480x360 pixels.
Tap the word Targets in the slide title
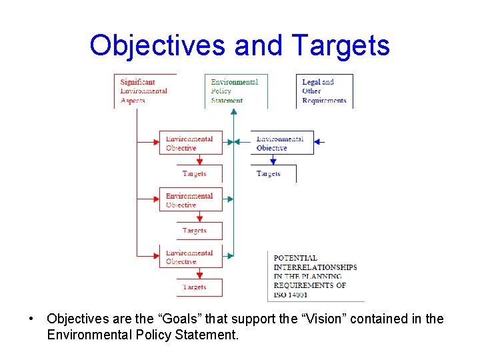[x=340, y=45]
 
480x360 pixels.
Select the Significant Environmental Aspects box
[x=144, y=91]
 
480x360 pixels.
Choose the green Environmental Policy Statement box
[x=235, y=91]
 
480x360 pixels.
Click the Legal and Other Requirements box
[x=326, y=91]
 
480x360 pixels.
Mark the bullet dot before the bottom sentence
[x=32, y=319]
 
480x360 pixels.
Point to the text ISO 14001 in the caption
[x=291, y=294]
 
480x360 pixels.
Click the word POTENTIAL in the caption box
[x=295, y=258]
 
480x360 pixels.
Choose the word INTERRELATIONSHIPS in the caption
[x=315, y=267]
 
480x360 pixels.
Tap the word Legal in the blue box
[x=311, y=82]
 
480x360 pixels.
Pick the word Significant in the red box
[x=137, y=82]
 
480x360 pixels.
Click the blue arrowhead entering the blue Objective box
[x=317, y=142]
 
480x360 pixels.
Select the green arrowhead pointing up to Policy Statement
[x=233, y=111]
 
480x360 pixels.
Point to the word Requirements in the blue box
[x=324, y=101]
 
